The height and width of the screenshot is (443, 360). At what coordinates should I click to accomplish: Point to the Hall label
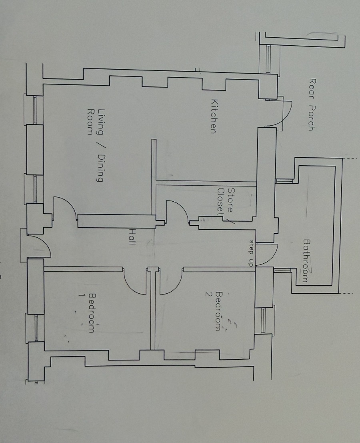(x=132, y=237)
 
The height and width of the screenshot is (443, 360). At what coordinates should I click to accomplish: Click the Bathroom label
(x=306, y=261)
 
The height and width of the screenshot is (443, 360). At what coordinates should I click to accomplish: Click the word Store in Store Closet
(x=231, y=200)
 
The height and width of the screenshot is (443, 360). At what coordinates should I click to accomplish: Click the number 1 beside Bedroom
(x=81, y=295)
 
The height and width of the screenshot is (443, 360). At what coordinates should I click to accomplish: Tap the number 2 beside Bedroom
(x=208, y=294)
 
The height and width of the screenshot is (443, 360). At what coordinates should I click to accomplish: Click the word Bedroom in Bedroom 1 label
(x=92, y=313)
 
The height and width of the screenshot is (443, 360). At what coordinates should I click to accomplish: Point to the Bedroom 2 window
(x=264, y=321)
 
